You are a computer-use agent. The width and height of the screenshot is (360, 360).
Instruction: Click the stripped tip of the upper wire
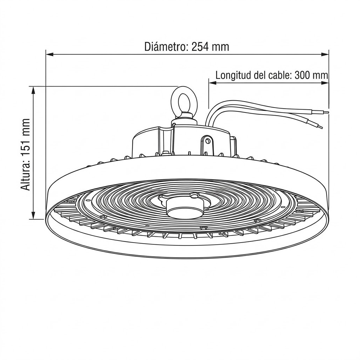pos(326,112)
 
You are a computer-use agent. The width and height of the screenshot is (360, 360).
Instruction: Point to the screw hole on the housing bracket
pos(208,141)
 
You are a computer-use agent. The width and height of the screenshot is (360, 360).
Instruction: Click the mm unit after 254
pos(220,46)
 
